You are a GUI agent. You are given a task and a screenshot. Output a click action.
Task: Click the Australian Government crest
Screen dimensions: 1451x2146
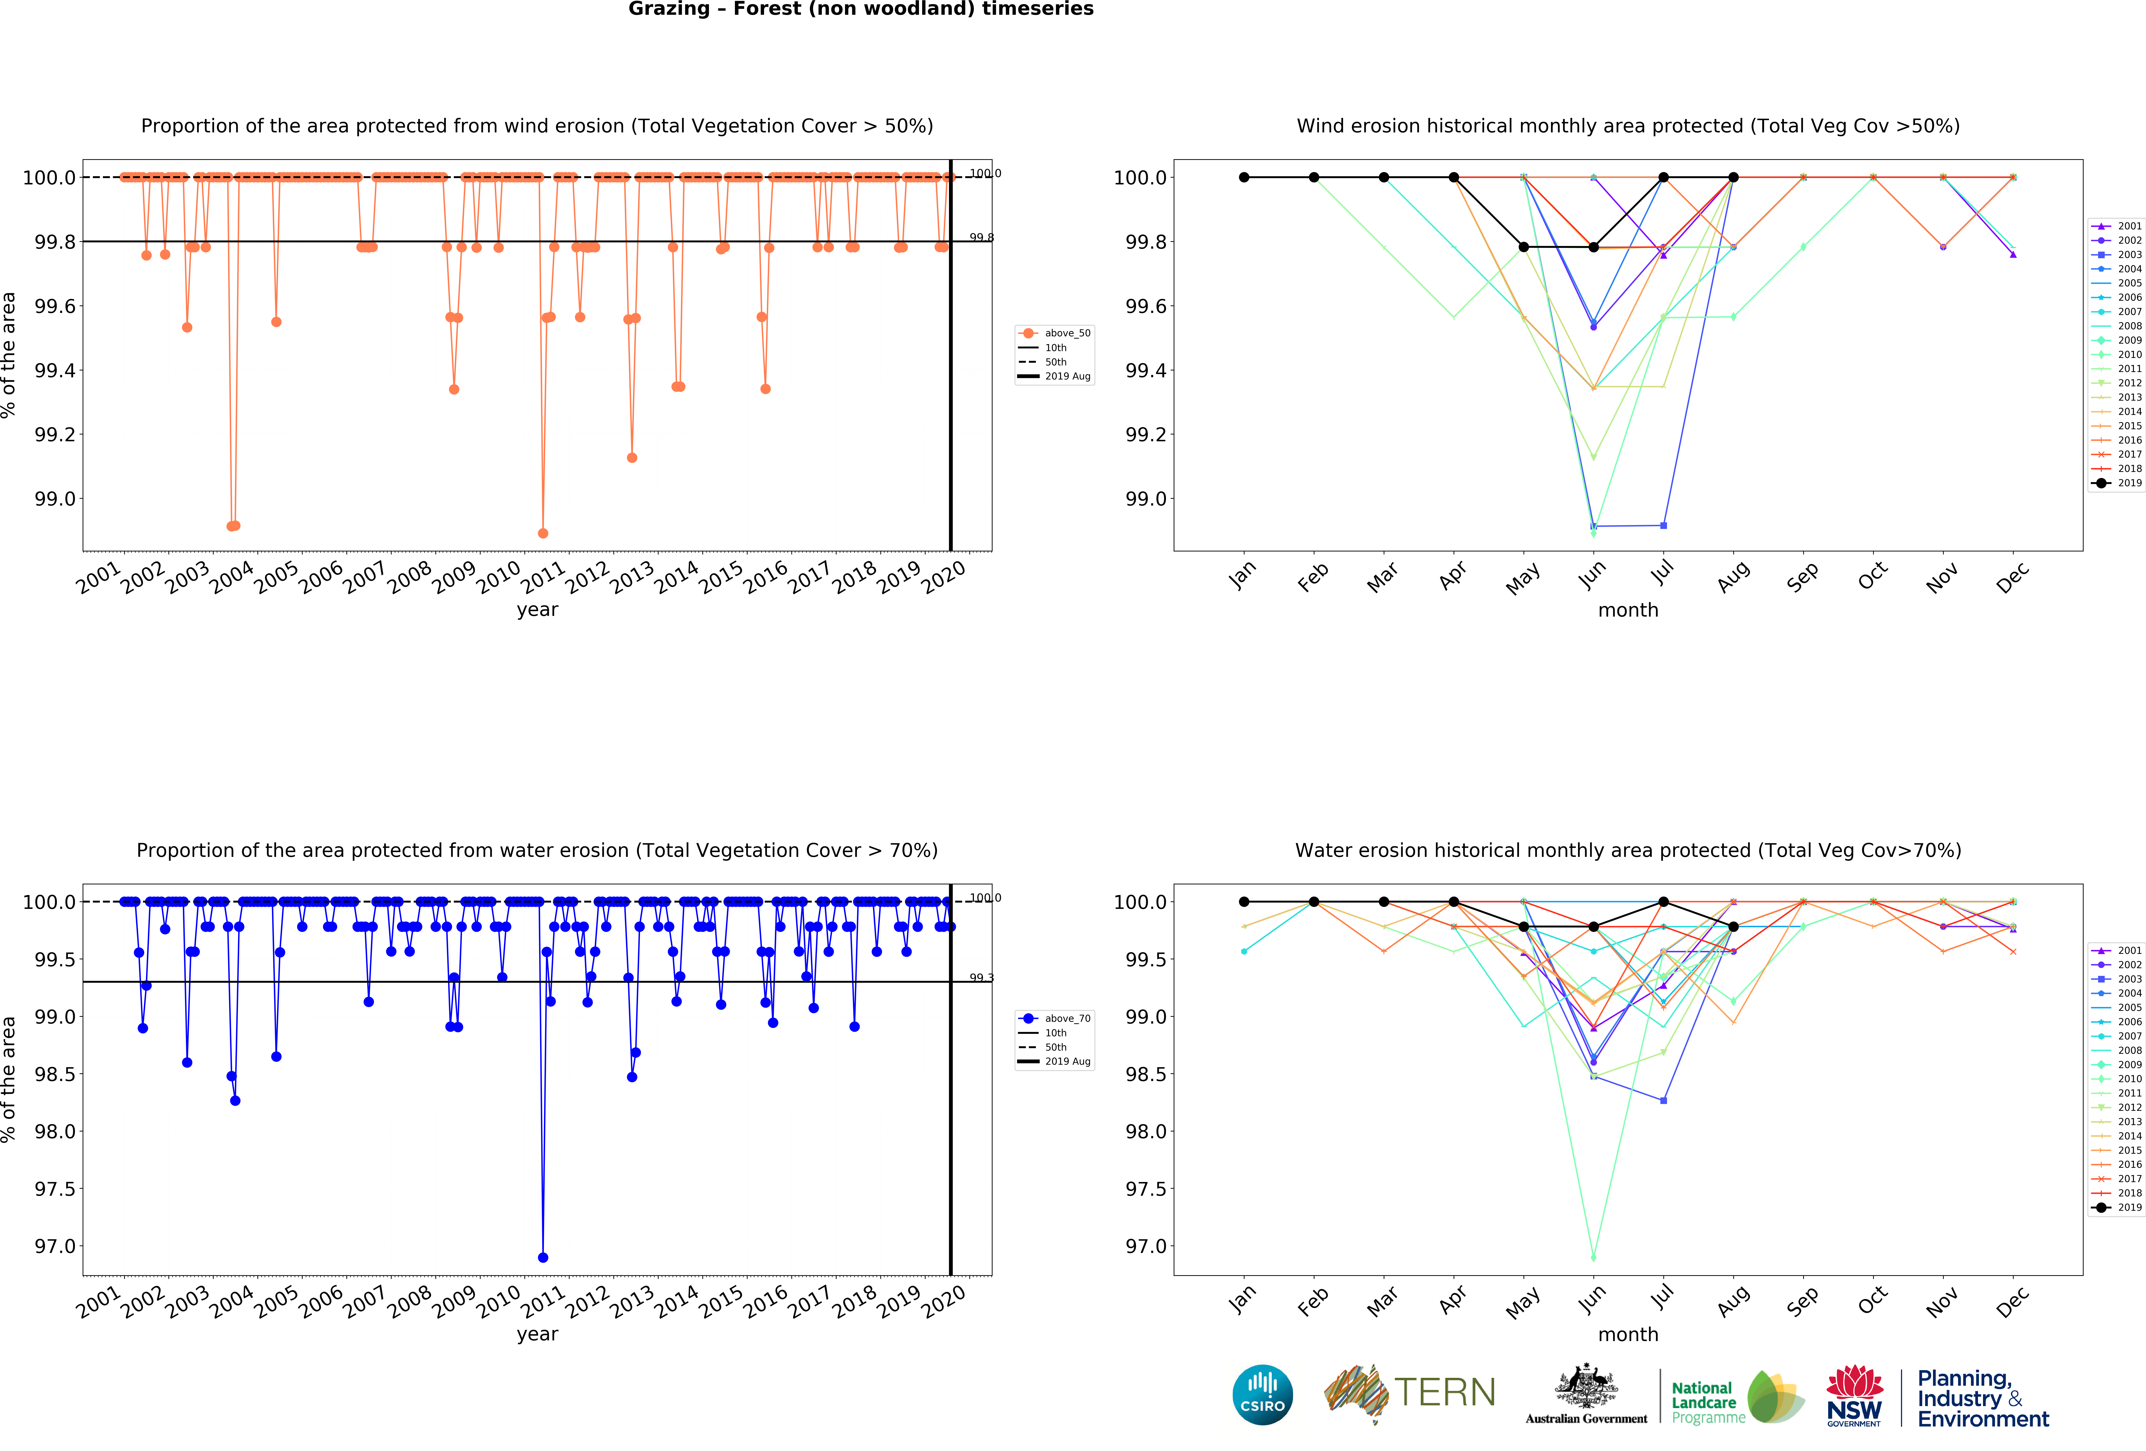click(1585, 1385)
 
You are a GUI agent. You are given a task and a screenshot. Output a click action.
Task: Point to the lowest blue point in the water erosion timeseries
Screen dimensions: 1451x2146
click(543, 1257)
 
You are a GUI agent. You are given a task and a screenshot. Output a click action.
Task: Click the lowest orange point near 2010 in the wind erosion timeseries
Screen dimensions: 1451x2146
click(543, 533)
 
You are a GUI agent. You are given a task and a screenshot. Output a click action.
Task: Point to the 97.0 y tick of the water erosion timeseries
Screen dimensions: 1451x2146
click(55, 1246)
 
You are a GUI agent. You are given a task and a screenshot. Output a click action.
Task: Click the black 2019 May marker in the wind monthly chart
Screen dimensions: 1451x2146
click(1524, 247)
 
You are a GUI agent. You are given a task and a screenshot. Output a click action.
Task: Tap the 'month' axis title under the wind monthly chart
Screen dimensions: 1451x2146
click(1628, 610)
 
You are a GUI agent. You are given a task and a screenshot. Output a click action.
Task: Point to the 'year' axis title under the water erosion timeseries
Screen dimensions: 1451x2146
click(537, 1334)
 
